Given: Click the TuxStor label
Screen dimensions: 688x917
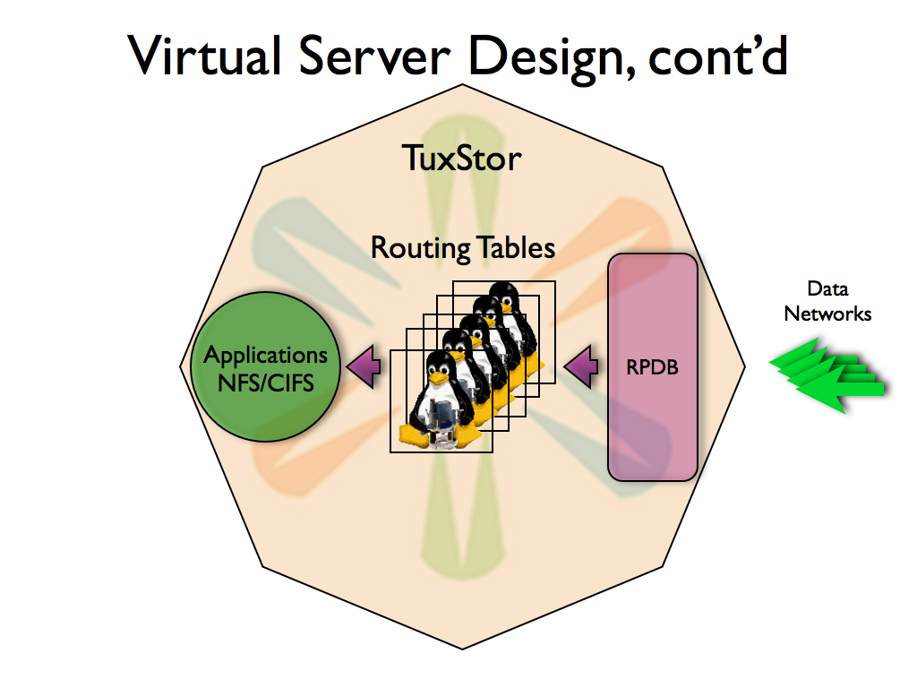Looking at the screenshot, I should pos(462,159).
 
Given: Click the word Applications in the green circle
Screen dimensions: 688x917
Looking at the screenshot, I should pos(266,355).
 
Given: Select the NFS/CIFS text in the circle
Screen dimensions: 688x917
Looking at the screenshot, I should pos(266,382).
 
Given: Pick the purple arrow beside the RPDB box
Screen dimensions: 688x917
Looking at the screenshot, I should pos(582,365).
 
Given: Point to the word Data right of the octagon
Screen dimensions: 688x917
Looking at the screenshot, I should pos(827,289).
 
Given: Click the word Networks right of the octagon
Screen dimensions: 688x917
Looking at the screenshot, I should pos(827,314).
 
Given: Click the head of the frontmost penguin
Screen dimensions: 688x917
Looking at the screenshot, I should pos(439,365).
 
